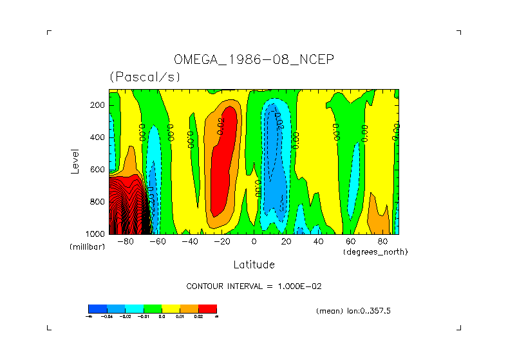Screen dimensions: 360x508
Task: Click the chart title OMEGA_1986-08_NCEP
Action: pos(254,59)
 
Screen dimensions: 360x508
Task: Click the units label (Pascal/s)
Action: pos(145,77)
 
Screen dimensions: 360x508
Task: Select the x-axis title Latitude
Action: pos(254,265)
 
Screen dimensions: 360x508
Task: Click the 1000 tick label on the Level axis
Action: pos(96,234)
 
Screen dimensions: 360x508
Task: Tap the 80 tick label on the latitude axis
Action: pos(382,242)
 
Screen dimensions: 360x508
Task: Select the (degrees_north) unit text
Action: pos(375,252)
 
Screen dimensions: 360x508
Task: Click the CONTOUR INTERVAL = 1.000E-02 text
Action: pos(254,286)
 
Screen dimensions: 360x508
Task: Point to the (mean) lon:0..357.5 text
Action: pos(353,311)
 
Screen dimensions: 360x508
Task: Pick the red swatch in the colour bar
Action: pos(207,308)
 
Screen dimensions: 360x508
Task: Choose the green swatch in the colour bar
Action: pos(152,308)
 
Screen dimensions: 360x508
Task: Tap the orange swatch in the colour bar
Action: pos(189,308)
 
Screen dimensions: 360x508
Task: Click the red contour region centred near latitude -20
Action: pos(221,174)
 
